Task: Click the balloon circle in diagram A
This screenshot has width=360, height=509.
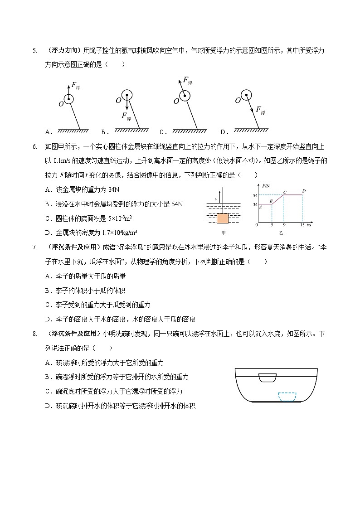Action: coord(68,99)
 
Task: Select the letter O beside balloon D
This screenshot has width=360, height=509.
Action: coord(237,101)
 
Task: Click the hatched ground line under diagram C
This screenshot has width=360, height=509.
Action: coord(187,131)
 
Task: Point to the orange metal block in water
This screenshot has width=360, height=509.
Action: coord(223,218)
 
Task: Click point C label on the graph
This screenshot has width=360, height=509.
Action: coord(285,192)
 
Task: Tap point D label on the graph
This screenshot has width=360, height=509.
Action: coord(304,191)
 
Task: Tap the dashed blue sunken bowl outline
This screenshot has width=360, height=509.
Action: coord(287,397)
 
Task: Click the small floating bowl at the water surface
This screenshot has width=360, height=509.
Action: coord(267,378)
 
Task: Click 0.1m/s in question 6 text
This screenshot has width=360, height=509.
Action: coord(62,161)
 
